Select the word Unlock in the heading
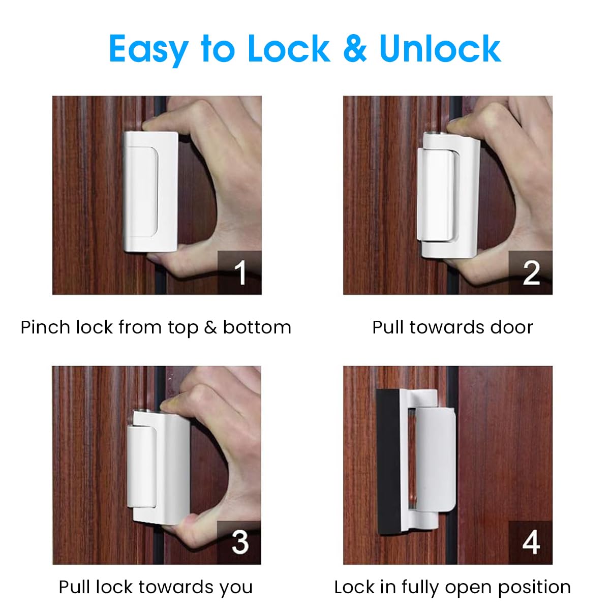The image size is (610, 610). tap(440, 49)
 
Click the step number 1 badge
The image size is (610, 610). tap(239, 272)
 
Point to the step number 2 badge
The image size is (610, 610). tap(530, 272)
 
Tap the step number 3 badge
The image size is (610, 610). tap(239, 542)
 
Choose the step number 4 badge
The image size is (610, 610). tap(530, 542)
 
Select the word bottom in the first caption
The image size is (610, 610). tap(257, 327)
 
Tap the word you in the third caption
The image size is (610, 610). tap(236, 588)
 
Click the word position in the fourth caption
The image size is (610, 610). tap(534, 588)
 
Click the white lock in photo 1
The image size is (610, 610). tap(150, 191)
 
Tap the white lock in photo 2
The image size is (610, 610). tap(447, 193)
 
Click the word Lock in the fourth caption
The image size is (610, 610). tap(354, 588)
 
